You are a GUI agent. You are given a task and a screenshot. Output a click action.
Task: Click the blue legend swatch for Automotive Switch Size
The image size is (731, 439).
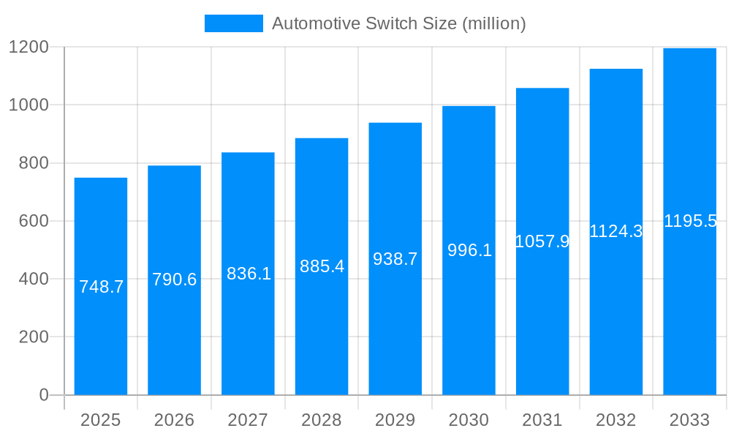point(233,23)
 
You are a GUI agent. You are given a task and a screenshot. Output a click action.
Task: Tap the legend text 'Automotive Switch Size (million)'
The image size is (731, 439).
point(398,23)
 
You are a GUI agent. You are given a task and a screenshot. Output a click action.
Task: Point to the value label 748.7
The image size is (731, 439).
point(101,287)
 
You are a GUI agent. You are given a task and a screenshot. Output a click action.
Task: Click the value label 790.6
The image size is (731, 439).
point(174,279)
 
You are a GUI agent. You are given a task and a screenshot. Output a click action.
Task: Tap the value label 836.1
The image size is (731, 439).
point(249,274)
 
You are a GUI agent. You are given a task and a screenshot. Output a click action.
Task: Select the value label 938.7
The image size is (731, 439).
point(395,259)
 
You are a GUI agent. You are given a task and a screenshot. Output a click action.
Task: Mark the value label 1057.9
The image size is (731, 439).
point(542,241)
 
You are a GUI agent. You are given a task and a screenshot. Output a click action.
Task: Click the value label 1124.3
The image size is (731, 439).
point(616,232)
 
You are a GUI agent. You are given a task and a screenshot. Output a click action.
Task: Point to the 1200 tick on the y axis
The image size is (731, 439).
point(29,48)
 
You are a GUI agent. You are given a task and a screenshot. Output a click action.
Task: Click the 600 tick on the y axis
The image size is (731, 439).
point(33,221)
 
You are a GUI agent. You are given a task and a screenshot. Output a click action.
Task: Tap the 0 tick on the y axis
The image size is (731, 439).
point(43,395)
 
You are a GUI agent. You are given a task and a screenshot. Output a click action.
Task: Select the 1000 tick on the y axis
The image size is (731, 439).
point(29,105)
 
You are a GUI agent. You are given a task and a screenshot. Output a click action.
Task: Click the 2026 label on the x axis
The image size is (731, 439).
point(174,420)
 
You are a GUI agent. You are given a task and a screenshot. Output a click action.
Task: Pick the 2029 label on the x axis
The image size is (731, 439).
point(395,420)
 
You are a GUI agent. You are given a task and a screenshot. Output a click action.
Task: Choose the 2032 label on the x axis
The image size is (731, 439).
point(616,420)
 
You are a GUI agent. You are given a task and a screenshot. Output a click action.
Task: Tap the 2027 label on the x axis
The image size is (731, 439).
point(248,420)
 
